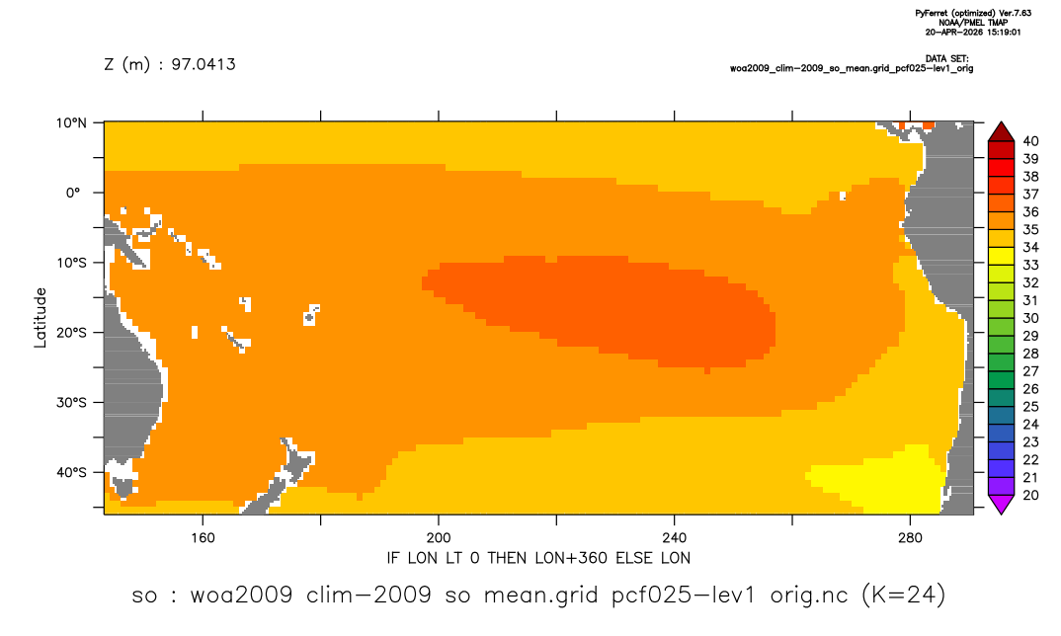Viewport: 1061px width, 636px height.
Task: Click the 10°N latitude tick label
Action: coord(71,122)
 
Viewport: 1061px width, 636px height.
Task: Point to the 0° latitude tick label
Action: coord(74,193)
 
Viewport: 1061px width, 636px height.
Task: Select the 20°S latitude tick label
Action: coord(71,332)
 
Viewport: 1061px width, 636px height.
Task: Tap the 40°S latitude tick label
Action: coord(71,472)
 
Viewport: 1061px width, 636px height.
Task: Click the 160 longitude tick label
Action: coord(203,538)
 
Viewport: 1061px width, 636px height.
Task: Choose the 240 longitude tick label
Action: coord(674,538)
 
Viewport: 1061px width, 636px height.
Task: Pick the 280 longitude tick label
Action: coord(910,538)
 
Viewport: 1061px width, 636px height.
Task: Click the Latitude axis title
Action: coord(41,318)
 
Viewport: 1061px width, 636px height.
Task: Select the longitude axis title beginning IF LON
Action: coord(538,558)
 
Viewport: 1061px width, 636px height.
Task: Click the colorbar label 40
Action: coord(1030,141)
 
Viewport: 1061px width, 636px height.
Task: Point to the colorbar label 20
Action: coord(1030,495)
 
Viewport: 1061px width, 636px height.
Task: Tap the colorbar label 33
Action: coord(1030,266)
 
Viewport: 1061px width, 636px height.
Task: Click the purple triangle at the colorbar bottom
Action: coord(1001,504)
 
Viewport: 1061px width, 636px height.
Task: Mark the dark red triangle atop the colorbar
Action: coord(1001,132)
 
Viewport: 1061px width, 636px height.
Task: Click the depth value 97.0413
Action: coord(203,64)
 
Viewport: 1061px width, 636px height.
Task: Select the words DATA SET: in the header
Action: coord(946,59)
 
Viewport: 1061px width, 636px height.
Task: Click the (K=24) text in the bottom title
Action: coord(903,595)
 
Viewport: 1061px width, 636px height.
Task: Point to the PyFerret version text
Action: coord(973,13)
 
